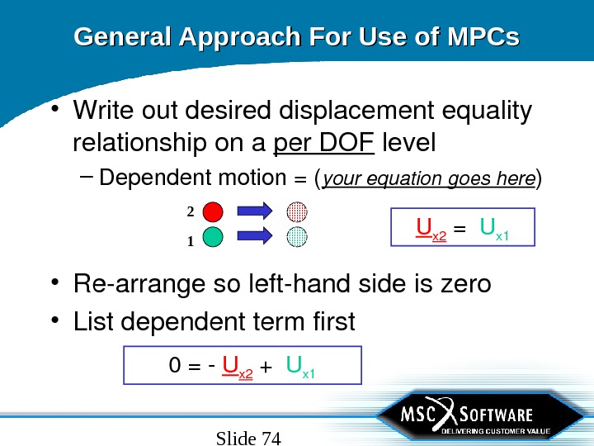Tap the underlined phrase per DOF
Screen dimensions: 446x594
[323, 144]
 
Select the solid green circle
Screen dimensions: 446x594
[214, 237]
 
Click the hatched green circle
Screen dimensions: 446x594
[297, 237]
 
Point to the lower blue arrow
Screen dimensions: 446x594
[256, 237]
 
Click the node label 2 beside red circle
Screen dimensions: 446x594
[190, 212]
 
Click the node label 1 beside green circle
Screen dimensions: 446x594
[190, 242]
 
